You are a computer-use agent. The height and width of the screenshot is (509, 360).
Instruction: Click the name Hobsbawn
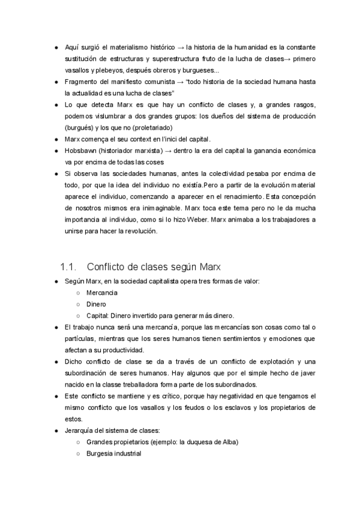(82, 150)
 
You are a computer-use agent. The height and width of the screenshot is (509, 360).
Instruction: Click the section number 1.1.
(69, 266)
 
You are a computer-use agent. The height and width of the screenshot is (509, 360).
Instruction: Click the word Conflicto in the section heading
(110, 266)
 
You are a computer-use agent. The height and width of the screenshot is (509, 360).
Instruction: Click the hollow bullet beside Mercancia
(79, 292)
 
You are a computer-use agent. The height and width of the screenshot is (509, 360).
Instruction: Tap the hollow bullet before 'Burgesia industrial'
(79, 454)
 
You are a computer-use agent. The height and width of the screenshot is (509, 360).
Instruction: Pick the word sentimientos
(238, 339)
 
